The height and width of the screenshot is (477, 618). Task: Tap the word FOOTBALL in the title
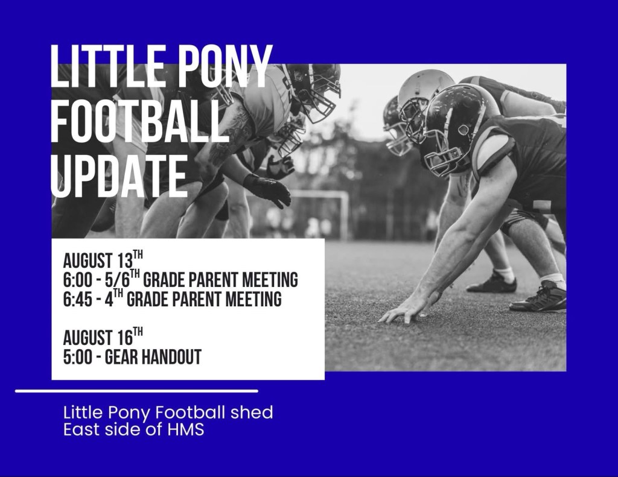pos(140,121)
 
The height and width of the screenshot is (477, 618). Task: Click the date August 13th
pos(103,259)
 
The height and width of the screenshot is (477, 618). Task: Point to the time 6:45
pos(78,299)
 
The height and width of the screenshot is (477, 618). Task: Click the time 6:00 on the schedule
pos(78,280)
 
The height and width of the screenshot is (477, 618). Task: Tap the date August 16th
pos(103,336)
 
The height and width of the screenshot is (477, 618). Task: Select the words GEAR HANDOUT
pos(153,357)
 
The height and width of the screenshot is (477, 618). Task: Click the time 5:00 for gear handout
pos(78,357)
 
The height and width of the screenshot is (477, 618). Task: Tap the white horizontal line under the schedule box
pos(137,391)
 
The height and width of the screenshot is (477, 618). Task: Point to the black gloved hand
pos(267,190)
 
